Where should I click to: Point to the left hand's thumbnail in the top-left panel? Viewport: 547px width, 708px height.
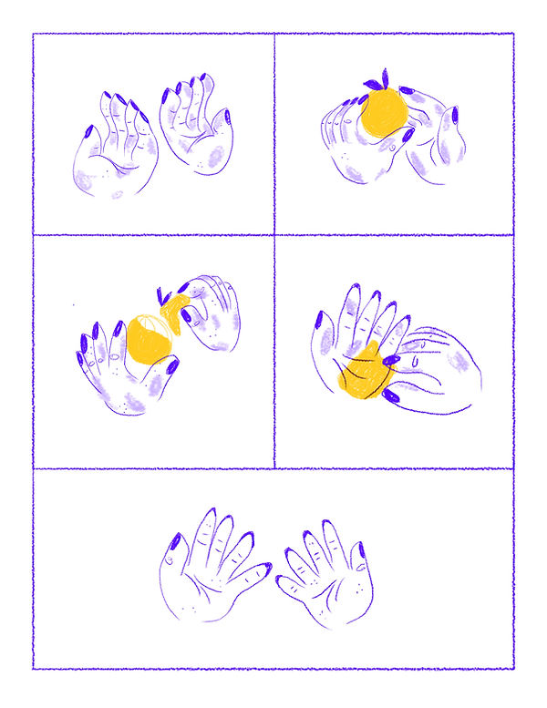88,133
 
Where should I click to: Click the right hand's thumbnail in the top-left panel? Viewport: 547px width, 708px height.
227,118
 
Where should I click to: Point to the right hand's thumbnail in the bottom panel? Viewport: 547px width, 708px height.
361,549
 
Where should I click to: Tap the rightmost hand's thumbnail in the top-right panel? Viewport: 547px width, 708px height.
453,116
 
